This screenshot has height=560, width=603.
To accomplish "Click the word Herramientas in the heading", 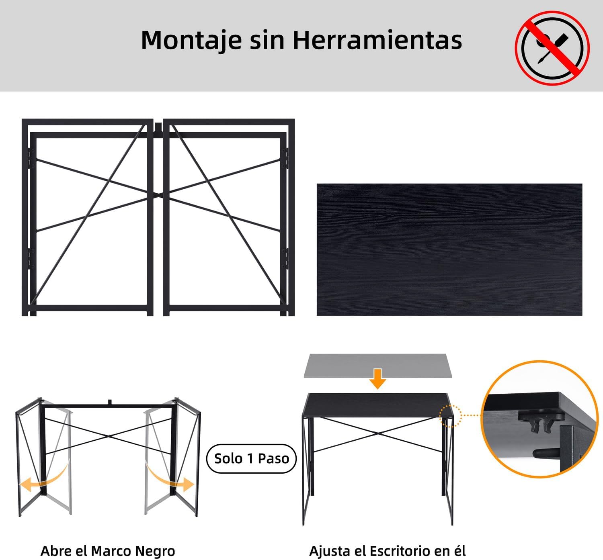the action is coord(377,40).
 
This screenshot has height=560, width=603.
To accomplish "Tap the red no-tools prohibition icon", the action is coord(552,48).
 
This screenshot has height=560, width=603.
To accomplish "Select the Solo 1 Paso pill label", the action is coord(251,459).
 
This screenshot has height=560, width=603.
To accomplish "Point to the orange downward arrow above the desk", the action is coord(378,379).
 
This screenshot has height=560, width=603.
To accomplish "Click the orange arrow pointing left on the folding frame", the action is coord(45,477).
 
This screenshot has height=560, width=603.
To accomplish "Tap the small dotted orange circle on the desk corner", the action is coord(450,416).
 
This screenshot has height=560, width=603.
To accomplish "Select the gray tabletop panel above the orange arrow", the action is coord(378,366).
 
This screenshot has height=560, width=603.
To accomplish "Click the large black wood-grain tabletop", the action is coord(449,249).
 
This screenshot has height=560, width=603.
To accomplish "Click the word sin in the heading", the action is coord(267,40).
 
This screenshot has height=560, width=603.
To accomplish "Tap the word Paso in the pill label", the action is coord(274,459).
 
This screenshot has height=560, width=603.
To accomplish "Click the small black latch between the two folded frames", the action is coord(158,127).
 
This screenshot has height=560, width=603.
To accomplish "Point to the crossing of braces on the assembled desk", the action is coord(378,433).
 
